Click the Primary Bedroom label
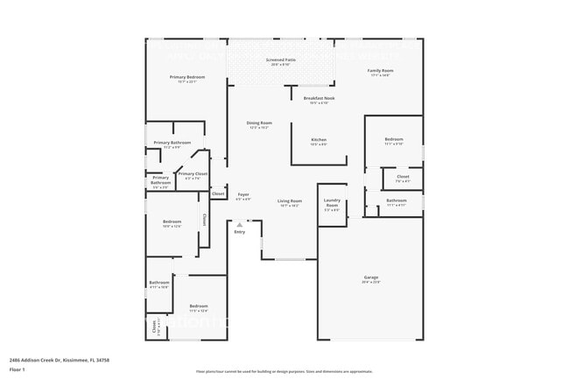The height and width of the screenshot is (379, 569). coord(186,77)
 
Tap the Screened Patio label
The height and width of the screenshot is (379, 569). coord(282,60)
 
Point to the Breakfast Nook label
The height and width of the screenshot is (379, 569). coord(320,98)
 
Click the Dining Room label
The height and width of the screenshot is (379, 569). coord(259,123)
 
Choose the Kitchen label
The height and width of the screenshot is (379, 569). coord(319,140)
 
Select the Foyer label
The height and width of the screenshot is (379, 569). coord(243,194)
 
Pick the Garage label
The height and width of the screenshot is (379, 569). coord(371,277)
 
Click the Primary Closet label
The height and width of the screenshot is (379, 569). coord(193,173)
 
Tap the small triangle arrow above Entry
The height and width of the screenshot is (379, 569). coord(239,224)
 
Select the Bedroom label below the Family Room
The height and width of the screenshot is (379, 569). coord(394,139)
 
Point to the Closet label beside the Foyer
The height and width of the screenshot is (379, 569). coord(218,193)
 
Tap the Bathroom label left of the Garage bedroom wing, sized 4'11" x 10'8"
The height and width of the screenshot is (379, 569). coord(158,282)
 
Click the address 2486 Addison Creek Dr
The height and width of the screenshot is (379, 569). coord(58,359)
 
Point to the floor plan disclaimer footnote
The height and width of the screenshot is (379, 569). coord(284,371)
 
